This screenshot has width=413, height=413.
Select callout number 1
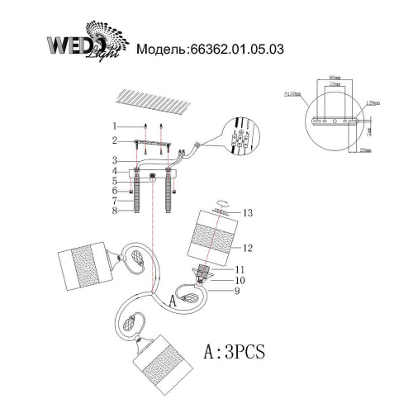(x=116, y=126)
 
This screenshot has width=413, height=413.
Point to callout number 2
(x=116, y=140)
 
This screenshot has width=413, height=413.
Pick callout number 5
(x=116, y=180)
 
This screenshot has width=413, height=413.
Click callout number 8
(x=116, y=210)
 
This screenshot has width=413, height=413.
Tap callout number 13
(x=247, y=212)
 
